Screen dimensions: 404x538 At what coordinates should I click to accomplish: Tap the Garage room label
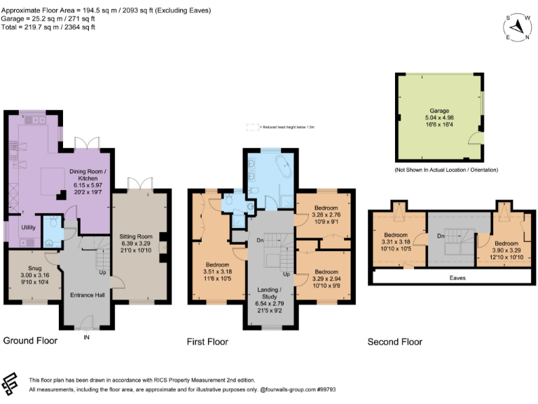pyautogui.click(x=439, y=112)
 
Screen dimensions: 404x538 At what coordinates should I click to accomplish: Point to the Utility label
pyautogui.click(x=28, y=227)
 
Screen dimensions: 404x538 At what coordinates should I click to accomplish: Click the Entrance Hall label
pyautogui.click(x=88, y=295)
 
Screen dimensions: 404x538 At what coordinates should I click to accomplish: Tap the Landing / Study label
pyautogui.click(x=269, y=292)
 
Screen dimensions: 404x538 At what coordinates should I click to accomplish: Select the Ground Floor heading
pyautogui.click(x=30, y=341)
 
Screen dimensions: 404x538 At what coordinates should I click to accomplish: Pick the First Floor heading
pyautogui.click(x=207, y=342)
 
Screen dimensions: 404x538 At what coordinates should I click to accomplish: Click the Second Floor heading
pyautogui.click(x=395, y=342)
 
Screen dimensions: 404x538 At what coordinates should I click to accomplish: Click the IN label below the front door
pyautogui.click(x=87, y=337)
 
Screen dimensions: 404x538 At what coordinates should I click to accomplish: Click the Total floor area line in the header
pyautogui.click(x=48, y=27)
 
